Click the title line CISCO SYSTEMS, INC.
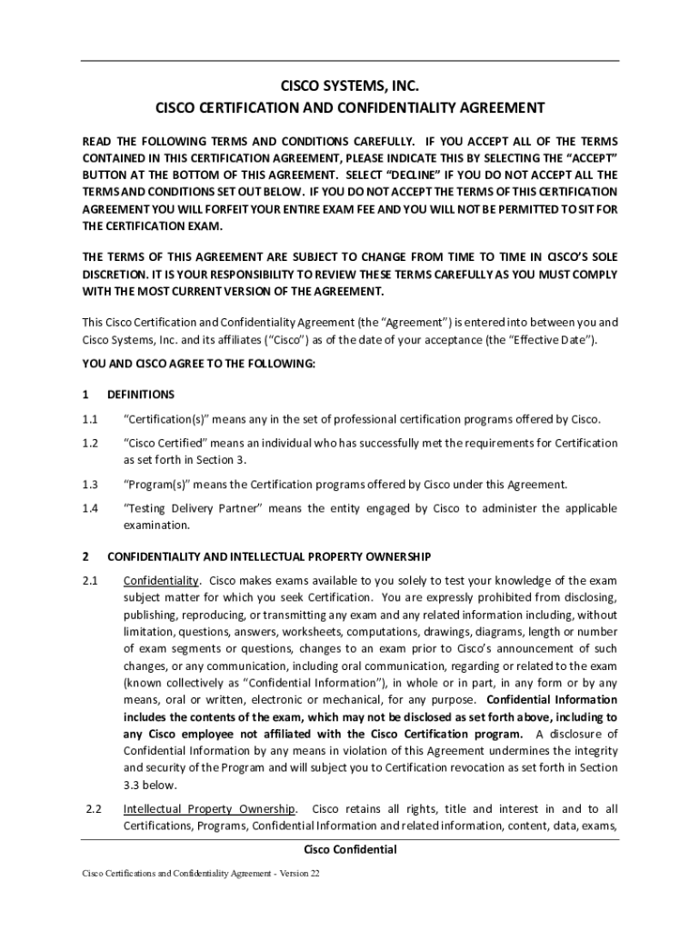349,86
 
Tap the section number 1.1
89,419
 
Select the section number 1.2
89,443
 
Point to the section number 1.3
89,484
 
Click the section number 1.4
89,508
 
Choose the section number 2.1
89,580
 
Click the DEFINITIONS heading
140,395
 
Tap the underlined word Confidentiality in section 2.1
161,580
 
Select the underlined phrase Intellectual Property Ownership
209,809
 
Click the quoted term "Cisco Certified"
166,443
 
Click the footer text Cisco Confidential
349,850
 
